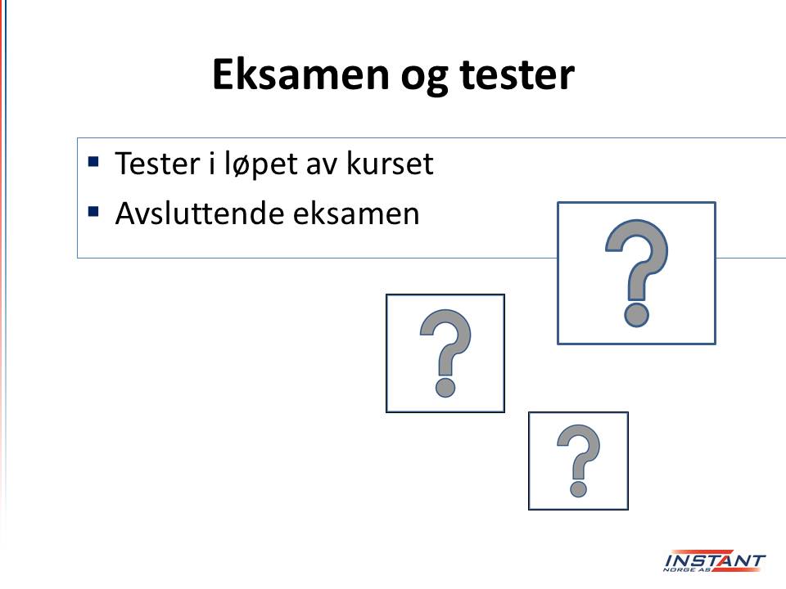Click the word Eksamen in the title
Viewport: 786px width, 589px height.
(300, 74)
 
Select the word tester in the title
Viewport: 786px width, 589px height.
(517, 75)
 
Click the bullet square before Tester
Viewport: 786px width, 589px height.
(93, 161)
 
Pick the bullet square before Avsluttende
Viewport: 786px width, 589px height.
(93, 211)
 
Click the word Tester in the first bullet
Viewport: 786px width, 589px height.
(157, 164)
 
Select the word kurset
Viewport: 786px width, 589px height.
(390, 164)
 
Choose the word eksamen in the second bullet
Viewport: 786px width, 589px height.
(356, 214)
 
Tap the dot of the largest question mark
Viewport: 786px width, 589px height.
(637, 315)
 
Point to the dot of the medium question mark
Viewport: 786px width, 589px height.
(445, 387)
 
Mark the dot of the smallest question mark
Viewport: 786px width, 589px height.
(578, 489)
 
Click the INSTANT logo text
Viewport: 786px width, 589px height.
(715, 560)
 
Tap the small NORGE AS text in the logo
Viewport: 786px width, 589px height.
(687, 569)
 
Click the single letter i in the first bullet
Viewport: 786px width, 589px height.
(213, 164)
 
